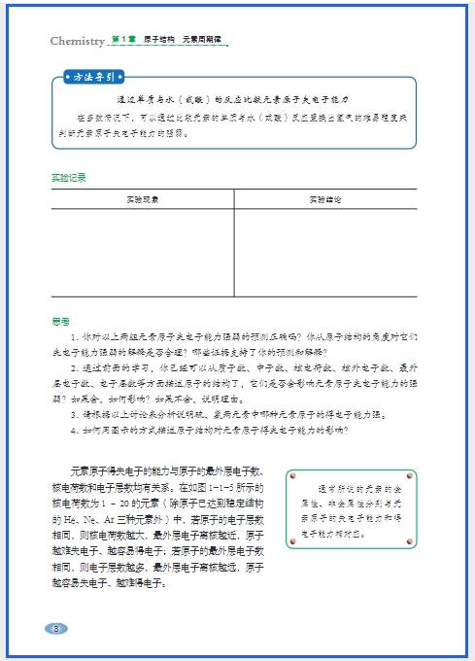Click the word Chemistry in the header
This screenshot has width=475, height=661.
pyautogui.click(x=77, y=41)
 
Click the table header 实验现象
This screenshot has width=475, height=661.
pyautogui.click(x=143, y=199)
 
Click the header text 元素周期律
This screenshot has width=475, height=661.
pyautogui.click(x=202, y=40)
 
